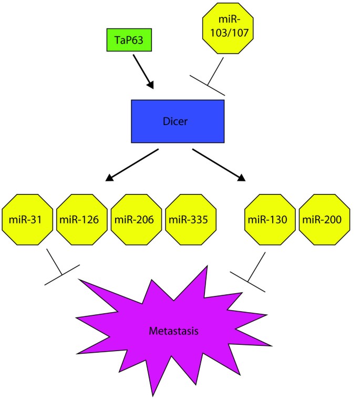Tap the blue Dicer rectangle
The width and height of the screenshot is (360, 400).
pyautogui.click(x=178, y=121)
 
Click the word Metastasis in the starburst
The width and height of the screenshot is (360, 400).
pyautogui.click(x=174, y=331)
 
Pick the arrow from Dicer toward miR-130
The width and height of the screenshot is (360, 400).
pyautogui.click(x=219, y=165)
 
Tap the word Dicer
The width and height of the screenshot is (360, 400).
pyautogui.click(x=177, y=121)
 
